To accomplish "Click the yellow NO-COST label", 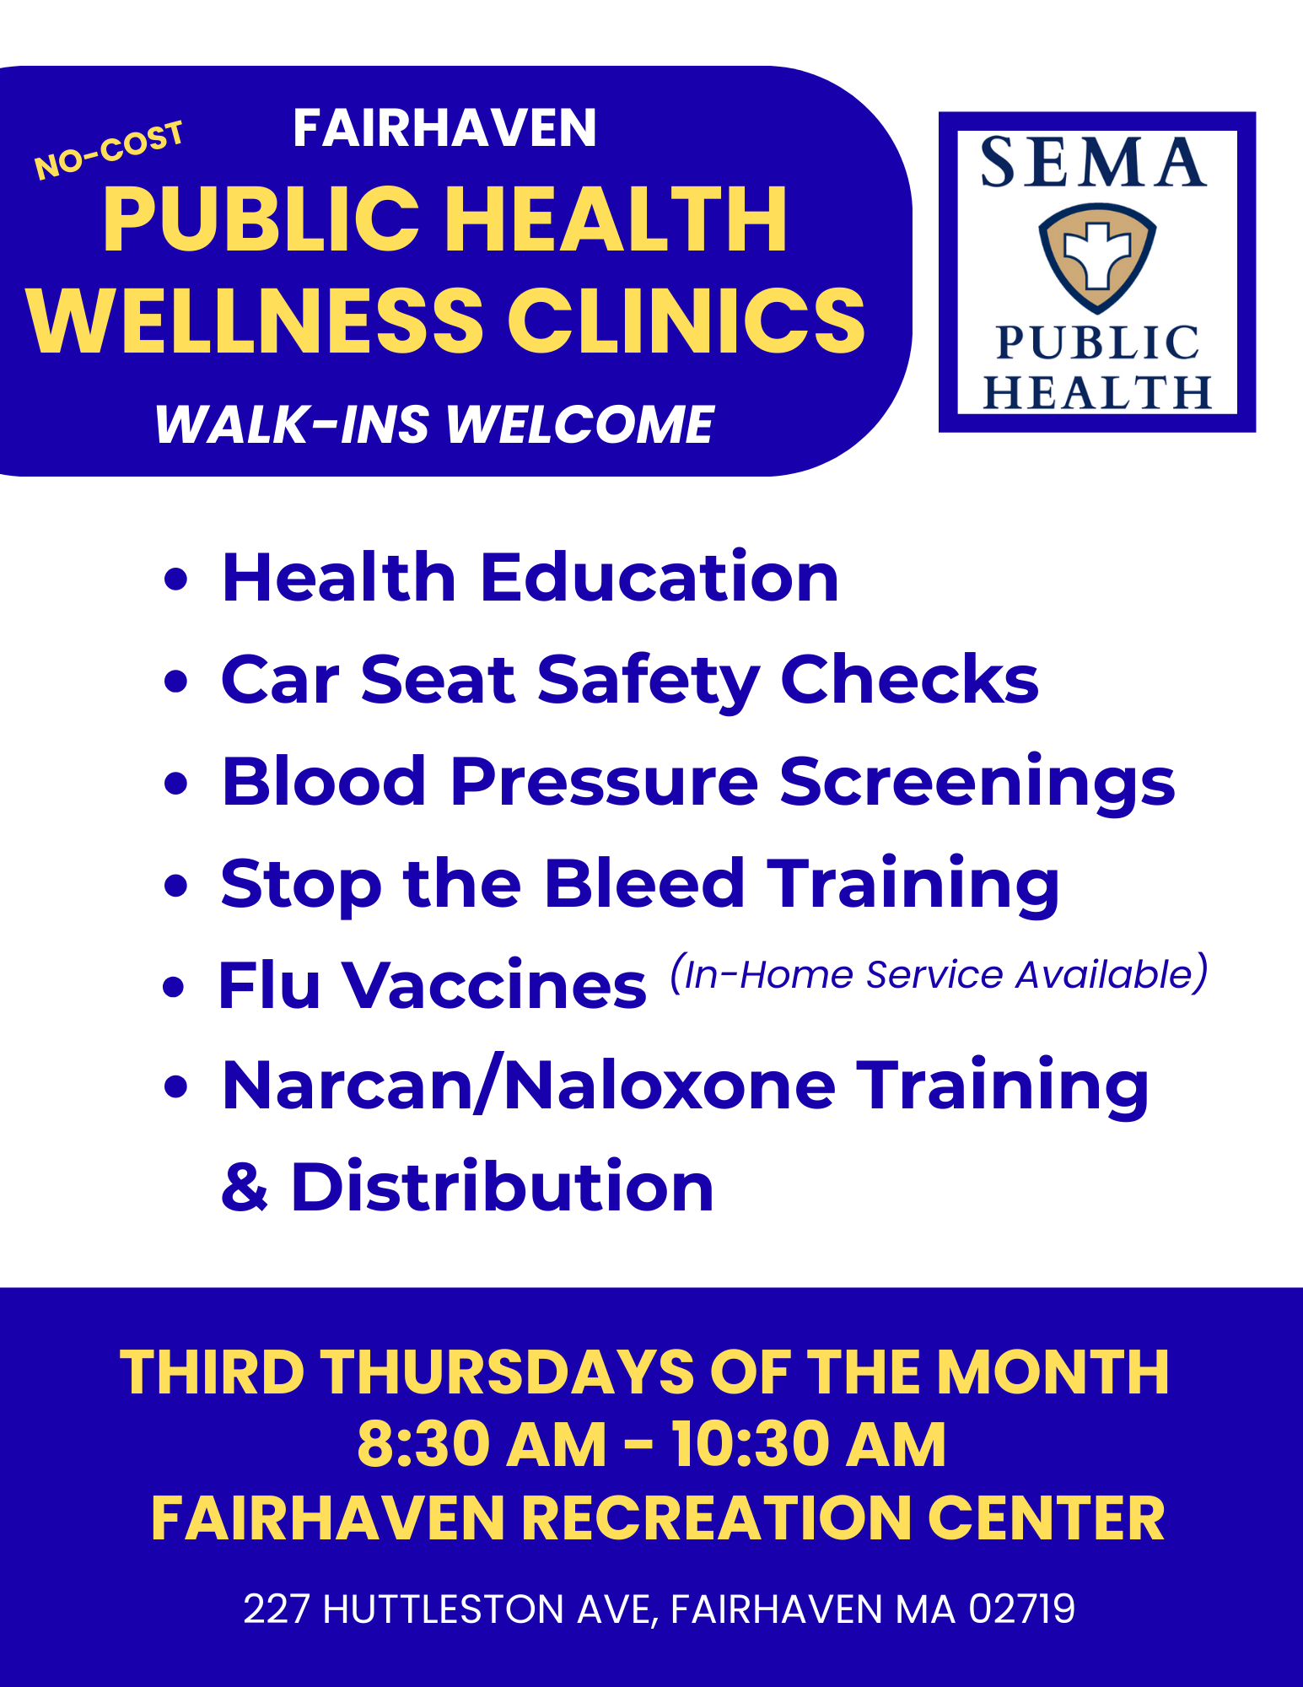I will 109,149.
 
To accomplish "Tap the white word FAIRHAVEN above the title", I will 444,128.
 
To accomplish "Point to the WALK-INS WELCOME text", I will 434,423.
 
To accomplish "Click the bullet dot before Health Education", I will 175,579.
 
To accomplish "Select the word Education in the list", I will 660,579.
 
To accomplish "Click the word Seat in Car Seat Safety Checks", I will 438,680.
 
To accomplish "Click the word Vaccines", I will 493,985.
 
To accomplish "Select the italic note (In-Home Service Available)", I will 939,974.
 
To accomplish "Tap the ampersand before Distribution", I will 245,1188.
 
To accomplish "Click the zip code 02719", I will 1021,1609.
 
